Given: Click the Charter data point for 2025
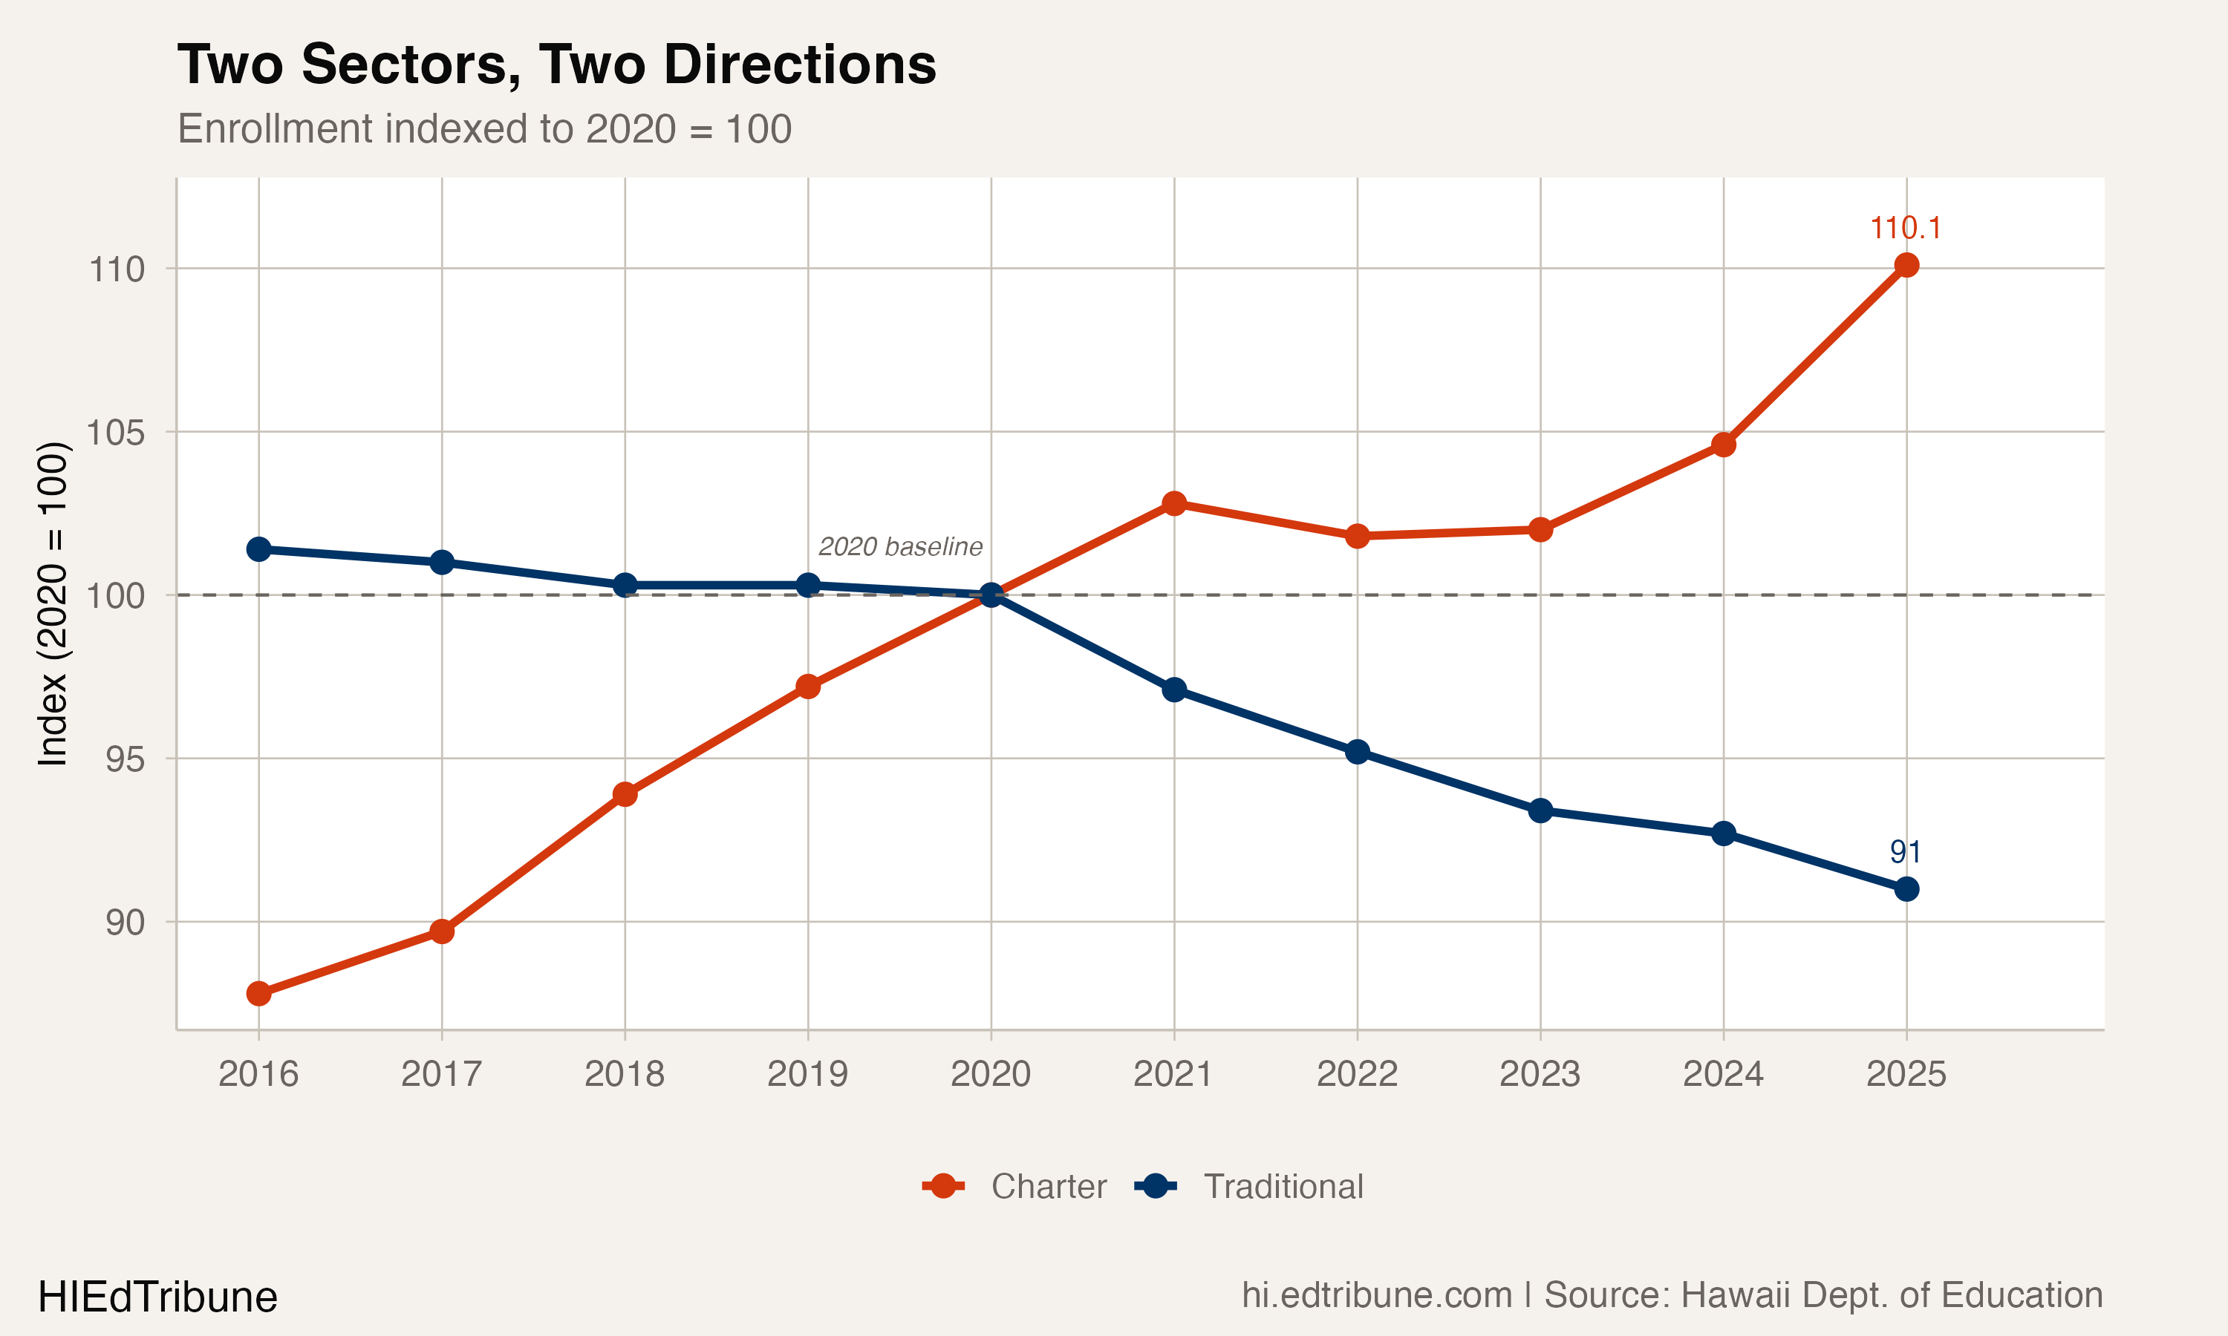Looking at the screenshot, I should pyautogui.click(x=1906, y=265).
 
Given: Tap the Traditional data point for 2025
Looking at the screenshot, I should pyautogui.click(x=1906, y=889).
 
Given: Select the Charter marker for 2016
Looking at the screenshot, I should pyautogui.click(x=258, y=994).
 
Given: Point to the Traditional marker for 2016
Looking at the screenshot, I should pyautogui.click(x=258, y=549).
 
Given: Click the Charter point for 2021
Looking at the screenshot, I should pyautogui.click(x=1173, y=503).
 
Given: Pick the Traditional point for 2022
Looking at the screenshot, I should pyautogui.click(x=1357, y=752).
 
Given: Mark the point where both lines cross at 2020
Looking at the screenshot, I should pyautogui.click(x=991, y=595).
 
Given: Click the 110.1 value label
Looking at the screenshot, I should pyautogui.click(x=1906, y=229).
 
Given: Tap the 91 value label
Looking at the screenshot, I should pyautogui.click(x=1906, y=851).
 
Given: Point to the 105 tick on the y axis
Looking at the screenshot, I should pyautogui.click(x=115, y=432).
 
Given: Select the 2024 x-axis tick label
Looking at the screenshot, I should pyautogui.click(x=1723, y=1074).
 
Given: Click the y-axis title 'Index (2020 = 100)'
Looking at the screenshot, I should pyautogui.click(x=52, y=603).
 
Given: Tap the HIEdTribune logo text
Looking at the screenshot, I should pyautogui.click(x=157, y=1297).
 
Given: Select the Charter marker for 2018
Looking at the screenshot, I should pyautogui.click(x=625, y=794).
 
